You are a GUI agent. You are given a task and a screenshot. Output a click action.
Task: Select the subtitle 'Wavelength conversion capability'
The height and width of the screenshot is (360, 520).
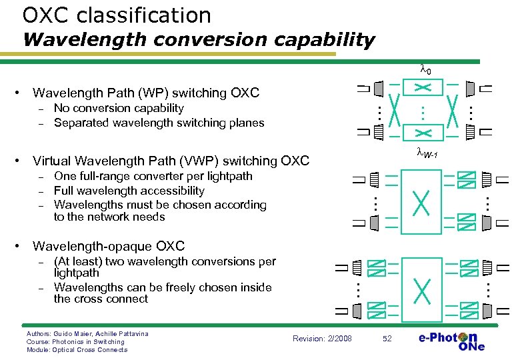tap(199, 40)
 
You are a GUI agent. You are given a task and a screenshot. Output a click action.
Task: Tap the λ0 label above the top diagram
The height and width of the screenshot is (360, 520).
tap(425, 69)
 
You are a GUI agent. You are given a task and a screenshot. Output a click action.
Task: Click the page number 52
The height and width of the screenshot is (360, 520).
tap(388, 339)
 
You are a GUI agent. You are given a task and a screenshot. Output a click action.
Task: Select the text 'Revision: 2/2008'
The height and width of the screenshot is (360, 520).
tap(323, 339)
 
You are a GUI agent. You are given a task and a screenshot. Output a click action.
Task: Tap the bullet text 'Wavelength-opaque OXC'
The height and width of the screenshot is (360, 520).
tap(109, 247)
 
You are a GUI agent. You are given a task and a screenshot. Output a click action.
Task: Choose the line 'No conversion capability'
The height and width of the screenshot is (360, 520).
tap(119, 108)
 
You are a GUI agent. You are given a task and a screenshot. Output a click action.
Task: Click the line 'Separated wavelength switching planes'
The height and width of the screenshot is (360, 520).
tap(159, 123)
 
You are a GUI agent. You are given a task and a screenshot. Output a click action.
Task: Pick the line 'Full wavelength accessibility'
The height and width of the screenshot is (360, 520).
tap(129, 191)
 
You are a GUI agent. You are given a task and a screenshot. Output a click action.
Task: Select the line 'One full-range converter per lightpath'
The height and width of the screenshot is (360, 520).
tap(153, 176)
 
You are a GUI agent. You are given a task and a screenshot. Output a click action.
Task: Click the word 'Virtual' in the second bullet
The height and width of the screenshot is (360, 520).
tap(52, 161)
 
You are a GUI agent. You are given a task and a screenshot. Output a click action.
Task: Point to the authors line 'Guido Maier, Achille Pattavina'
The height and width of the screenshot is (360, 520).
tap(87, 333)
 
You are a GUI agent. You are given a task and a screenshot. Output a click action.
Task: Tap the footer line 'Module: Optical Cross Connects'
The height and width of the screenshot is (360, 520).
tap(76, 350)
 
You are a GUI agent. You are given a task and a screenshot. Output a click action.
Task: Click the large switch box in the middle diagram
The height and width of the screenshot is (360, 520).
tap(421, 201)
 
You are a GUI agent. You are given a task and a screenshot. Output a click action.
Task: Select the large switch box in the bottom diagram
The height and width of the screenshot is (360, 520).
tap(421, 289)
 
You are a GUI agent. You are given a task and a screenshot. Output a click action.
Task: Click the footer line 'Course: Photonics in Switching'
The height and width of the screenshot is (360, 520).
tap(75, 341)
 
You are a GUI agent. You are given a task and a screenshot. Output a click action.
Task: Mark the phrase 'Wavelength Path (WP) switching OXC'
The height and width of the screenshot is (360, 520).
tap(145, 93)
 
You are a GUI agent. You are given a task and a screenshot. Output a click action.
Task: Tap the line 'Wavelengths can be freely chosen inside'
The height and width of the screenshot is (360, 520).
tap(163, 287)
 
